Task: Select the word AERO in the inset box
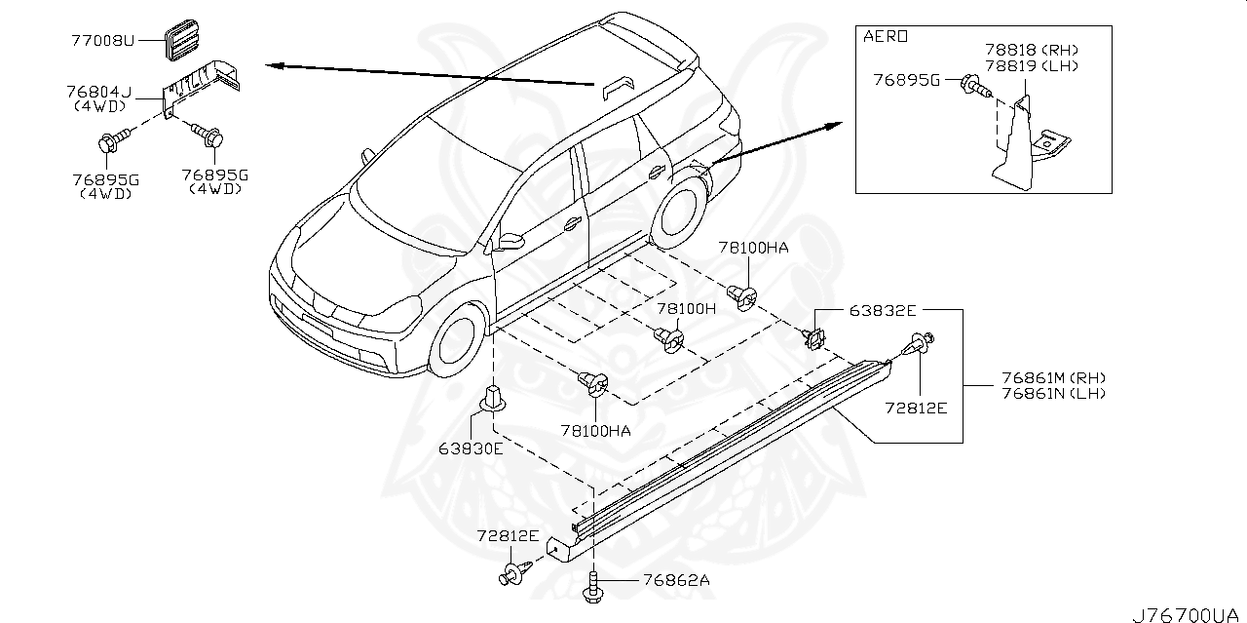click(886, 37)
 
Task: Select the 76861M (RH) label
click(1053, 378)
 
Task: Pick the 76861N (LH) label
click(1053, 394)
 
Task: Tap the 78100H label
click(685, 308)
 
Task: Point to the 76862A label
click(676, 579)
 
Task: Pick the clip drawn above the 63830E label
click(494, 400)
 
